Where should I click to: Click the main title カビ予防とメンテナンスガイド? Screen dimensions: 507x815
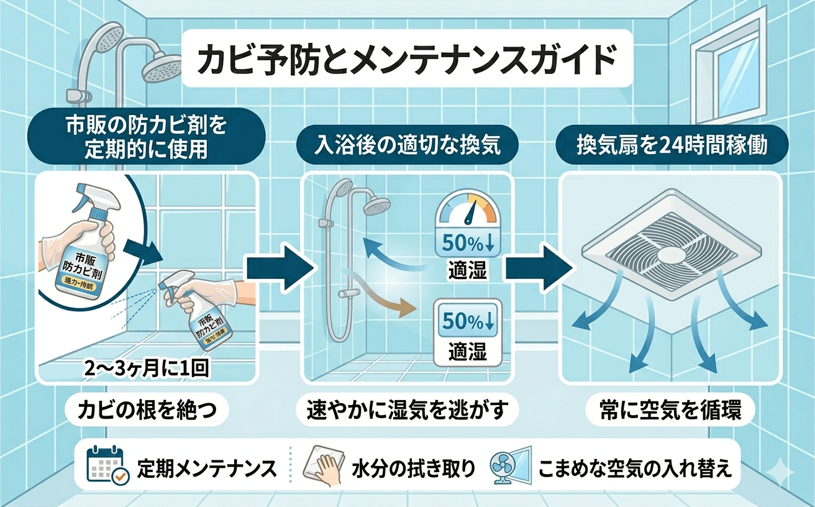[407, 60]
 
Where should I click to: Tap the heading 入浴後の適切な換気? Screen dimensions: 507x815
[406, 146]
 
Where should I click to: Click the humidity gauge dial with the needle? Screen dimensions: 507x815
[467, 210]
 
